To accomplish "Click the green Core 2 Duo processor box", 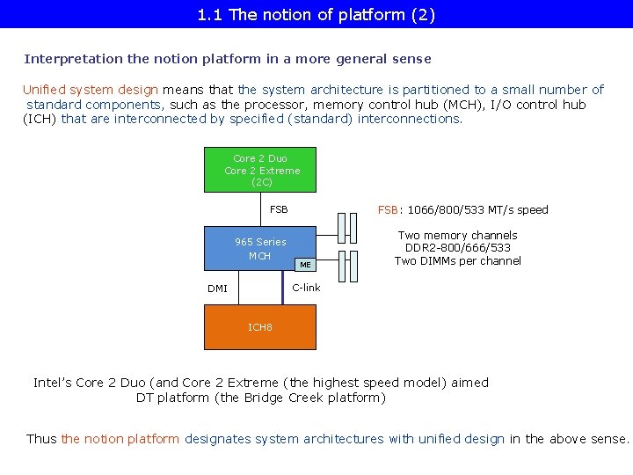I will (x=261, y=170).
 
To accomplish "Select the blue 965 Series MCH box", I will (x=246, y=249).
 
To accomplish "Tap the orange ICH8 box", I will (x=259, y=327).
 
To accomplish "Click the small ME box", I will (x=304, y=264).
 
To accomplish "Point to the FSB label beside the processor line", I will (x=279, y=209).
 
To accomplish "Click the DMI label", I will (x=217, y=289).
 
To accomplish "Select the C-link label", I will (x=306, y=288).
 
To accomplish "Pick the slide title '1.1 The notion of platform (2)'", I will (x=316, y=14).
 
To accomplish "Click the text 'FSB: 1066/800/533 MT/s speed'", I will (x=462, y=209).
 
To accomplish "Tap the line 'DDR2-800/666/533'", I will (x=457, y=248).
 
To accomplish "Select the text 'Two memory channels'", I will (x=457, y=235).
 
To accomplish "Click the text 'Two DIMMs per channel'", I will (x=457, y=260).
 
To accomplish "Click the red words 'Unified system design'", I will (x=90, y=90).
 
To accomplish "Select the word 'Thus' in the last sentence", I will (x=41, y=439).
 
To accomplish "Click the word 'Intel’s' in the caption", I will (x=53, y=383).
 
